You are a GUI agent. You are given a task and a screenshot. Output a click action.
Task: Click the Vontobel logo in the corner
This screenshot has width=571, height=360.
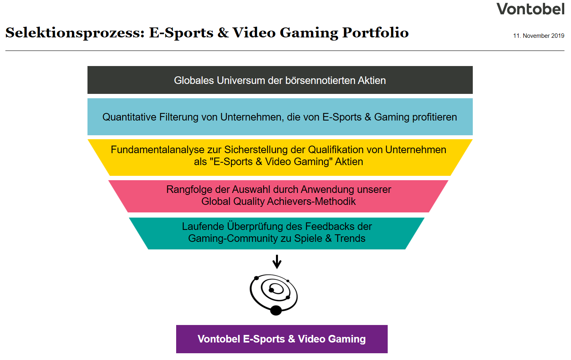tap(530, 9)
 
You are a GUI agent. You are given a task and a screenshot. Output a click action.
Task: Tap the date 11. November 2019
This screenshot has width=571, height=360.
tap(538, 36)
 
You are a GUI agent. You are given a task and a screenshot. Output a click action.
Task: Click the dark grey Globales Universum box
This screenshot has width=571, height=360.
tap(280, 80)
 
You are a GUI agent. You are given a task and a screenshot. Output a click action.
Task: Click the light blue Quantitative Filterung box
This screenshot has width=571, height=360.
tap(280, 117)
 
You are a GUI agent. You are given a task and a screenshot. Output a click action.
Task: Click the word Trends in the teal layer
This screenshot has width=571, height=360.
tap(350, 238)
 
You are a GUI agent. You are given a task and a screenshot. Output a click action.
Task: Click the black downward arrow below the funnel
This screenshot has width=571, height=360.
tap(277, 262)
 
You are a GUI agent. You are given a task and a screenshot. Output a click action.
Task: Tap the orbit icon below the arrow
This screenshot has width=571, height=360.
tap(274, 294)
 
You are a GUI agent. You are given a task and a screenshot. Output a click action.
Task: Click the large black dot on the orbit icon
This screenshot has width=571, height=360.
tap(276, 310)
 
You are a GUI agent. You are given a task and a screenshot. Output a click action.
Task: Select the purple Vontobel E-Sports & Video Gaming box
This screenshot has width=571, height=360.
tap(282, 339)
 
